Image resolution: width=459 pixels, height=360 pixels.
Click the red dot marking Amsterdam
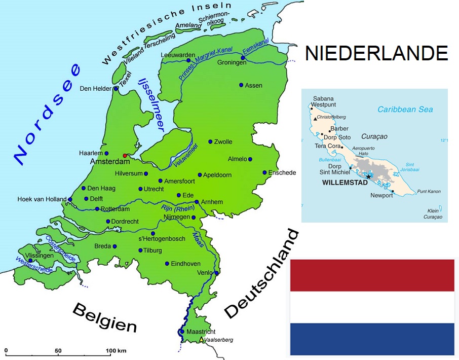click(x=125, y=156)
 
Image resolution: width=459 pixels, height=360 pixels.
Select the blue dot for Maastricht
click(x=182, y=332)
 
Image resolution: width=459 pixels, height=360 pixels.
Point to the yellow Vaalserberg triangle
click(x=202, y=339)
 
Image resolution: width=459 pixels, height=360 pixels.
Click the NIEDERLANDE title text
click(x=376, y=53)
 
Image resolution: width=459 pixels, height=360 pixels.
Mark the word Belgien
click(x=105, y=317)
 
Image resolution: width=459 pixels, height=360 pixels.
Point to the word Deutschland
click(x=261, y=274)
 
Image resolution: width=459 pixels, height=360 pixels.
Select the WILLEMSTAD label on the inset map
click(x=344, y=182)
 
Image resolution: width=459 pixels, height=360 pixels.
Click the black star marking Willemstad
click(x=368, y=176)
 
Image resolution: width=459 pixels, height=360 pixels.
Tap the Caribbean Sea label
click(x=405, y=110)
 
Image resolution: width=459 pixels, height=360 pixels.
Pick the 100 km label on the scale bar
click(x=116, y=351)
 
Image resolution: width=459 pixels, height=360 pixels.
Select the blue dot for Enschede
click(x=264, y=172)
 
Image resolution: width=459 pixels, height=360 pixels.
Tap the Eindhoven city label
click(x=186, y=264)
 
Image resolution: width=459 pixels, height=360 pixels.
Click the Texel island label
click(x=125, y=80)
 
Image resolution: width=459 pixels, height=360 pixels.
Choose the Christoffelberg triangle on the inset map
click(x=315, y=119)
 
